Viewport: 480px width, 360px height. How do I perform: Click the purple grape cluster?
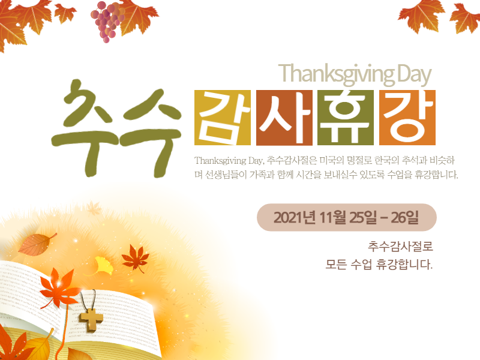point(107,22)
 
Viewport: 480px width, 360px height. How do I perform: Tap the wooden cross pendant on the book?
point(91,320)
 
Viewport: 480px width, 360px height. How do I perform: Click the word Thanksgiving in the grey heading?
point(337,74)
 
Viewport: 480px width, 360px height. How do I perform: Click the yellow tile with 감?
point(223,118)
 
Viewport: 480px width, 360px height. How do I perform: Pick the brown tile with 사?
point(284,118)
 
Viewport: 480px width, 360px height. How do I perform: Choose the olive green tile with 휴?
point(346,118)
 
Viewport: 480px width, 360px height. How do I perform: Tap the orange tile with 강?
point(407,118)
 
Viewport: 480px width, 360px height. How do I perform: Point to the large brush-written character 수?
point(151,132)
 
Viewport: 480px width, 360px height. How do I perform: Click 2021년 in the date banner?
point(295,218)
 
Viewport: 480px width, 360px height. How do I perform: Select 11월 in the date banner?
point(332,218)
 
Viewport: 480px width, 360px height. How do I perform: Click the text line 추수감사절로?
point(400,247)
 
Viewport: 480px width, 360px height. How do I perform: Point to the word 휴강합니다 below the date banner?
point(404,264)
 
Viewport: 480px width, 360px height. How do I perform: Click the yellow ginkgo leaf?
point(103,266)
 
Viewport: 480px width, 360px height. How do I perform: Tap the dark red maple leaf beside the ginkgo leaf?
point(135,259)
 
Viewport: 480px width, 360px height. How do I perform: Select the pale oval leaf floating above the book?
point(37,244)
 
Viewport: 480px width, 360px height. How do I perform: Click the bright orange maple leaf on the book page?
point(59,288)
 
